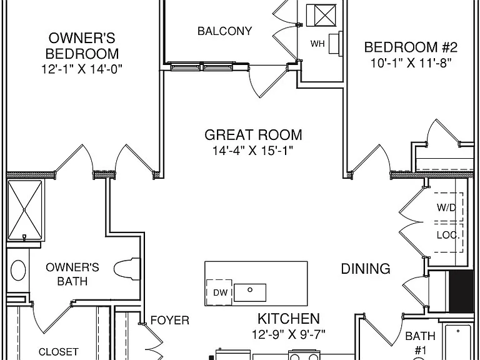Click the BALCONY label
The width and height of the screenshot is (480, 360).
click(x=225, y=31)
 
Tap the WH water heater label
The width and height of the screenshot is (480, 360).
click(x=317, y=44)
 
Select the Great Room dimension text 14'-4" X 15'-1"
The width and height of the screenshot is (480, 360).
click(x=253, y=150)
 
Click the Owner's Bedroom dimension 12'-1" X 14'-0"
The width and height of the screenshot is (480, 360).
click(x=82, y=69)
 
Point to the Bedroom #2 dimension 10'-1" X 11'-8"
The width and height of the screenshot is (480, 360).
click(x=411, y=63)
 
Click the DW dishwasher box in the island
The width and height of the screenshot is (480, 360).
click(x=219, y=292)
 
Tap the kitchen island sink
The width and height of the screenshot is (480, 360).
click(x=250, y=292)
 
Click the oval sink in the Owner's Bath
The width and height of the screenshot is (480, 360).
click(x=18, y=270)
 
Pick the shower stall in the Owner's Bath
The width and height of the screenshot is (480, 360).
click(x=24, y=210)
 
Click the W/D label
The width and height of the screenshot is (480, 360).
click(x=446, y=208)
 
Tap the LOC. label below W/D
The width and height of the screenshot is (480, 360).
click(x=448, y=236)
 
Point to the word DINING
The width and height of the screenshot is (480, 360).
click(x=366, y=269)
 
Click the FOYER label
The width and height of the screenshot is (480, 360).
click(x=170, y=321)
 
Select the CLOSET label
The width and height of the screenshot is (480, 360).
click(x=59, y=352)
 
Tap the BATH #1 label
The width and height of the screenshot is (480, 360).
click(x=420, y=342)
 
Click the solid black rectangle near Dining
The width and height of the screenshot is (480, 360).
click(x=461, y=291)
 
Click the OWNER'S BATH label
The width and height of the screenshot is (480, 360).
click(x=72, y=274)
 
